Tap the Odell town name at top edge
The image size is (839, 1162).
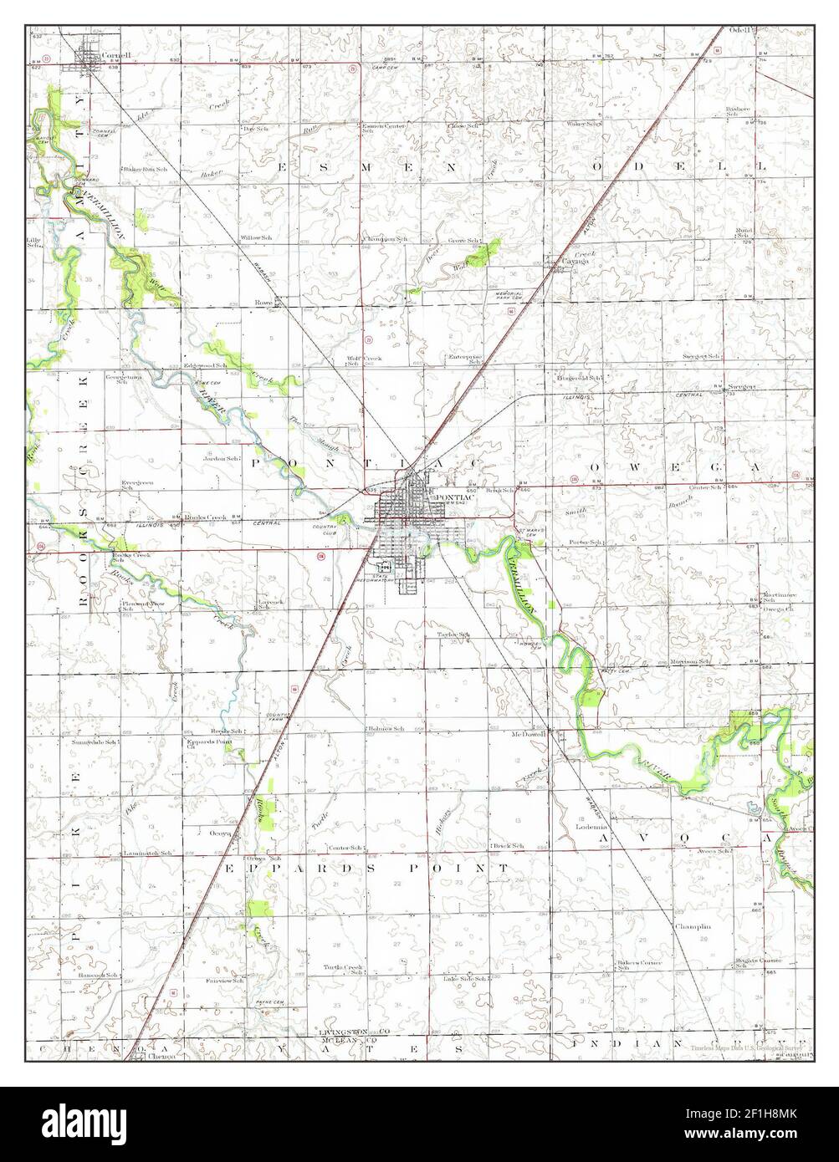741,30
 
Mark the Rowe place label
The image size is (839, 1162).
264,302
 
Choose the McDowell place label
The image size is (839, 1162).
529,735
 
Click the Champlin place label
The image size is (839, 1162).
693,926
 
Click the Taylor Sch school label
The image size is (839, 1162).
453,635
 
